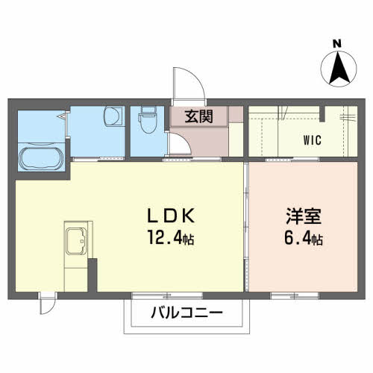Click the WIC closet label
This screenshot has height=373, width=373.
point(312,139)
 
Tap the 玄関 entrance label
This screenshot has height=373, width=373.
point(198,116)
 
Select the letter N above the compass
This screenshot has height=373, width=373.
point(337,44)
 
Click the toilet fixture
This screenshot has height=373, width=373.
point(145,121)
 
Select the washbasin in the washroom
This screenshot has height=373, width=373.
point(113,118)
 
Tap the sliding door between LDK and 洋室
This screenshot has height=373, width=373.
point(246,224)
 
